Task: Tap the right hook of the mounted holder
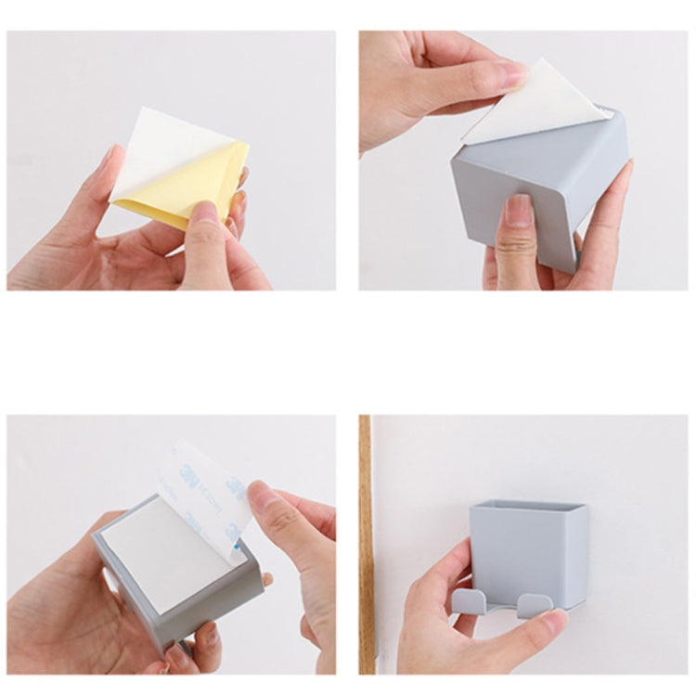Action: click(x=535, y=604)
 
